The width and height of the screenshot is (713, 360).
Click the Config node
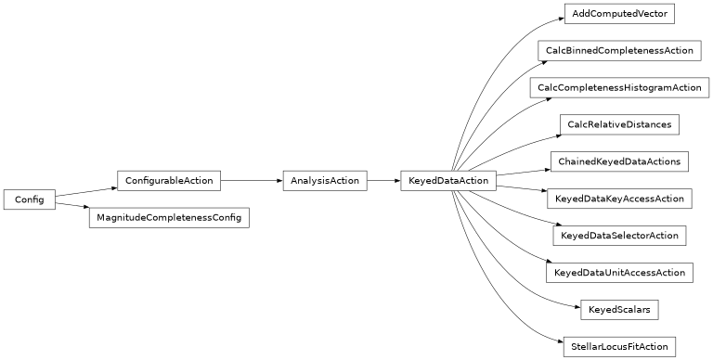(29, 199)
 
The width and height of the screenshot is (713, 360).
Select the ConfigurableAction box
(168, 180)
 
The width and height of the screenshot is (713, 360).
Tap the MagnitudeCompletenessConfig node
(169, 218)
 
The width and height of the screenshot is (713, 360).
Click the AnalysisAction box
(324, 180)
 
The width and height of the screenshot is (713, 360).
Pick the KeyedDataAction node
(448, 180)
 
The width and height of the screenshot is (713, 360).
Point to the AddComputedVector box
(619, 14)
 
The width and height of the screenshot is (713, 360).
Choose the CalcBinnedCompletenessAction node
(619, 51)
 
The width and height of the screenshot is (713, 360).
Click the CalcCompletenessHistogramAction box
(619, 88)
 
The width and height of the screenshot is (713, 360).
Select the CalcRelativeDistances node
(619, 124)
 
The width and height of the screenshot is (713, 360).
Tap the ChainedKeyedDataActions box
(619, 161)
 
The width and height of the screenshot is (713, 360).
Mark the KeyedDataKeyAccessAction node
(619, 199)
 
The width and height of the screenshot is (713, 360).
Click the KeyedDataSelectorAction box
(619, 236)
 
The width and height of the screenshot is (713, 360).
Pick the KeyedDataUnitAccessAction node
(619, 273)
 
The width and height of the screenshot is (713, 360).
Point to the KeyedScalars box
(619, 310)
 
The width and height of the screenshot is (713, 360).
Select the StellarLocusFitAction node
(619, 347)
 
